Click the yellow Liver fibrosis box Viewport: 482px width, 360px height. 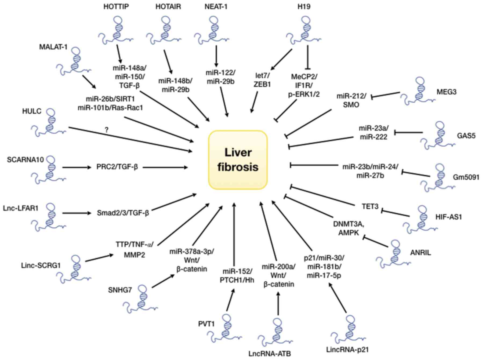click(238, 160)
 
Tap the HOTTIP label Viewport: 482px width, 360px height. click(116, 7)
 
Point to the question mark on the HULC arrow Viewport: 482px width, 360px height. click(107, 130)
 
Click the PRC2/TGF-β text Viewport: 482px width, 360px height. click(117, 167)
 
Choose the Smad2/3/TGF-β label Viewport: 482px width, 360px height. click(123, 213)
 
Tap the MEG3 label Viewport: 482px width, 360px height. click(446, 92)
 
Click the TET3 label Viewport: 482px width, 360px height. click(370, 206)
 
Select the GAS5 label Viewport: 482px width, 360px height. click(466, 136)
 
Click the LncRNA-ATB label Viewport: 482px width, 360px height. click(270, 354)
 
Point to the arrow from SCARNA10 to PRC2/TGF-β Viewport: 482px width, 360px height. click(77, 167)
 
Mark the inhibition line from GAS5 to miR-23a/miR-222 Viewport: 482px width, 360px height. click(408, 132)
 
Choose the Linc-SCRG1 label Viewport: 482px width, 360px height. click(41, 266)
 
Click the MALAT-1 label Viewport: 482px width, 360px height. click(53, 47)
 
